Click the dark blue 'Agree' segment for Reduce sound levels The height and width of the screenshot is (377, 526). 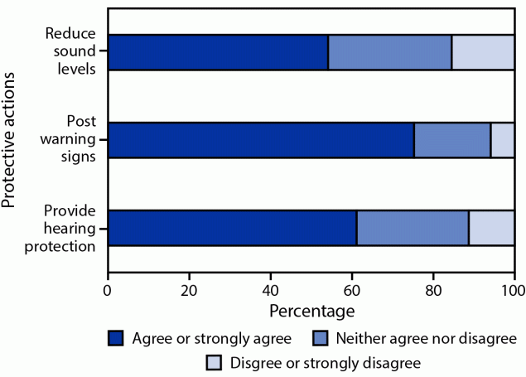[218, 53]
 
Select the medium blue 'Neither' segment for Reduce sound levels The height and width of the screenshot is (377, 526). [389, 53]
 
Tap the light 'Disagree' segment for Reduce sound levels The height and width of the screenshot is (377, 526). [483, 53]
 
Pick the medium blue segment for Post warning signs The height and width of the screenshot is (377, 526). [452, 140]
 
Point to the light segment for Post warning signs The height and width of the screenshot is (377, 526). [503, 140]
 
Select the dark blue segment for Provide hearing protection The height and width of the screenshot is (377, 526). [232, 228]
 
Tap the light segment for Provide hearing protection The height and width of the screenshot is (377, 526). [492, 228]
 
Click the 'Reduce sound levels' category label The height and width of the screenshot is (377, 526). [72, 52]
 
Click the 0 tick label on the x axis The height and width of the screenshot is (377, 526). [108, 290]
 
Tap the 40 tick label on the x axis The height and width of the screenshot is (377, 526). [270, 290]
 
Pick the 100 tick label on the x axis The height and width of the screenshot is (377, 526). [514, 290]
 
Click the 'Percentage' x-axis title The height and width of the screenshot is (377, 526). [311, 312]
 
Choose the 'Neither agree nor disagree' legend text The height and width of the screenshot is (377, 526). [426, 338]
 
